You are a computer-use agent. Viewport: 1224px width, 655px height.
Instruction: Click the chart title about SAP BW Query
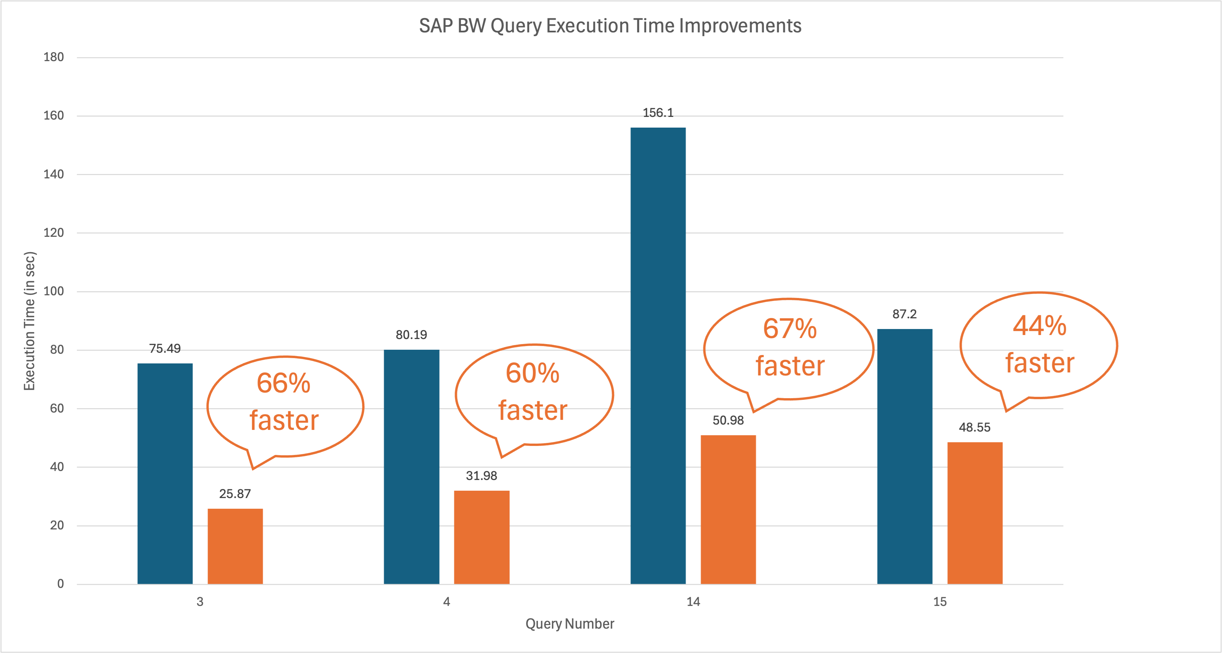610,26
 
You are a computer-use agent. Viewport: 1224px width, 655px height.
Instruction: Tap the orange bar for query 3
235,546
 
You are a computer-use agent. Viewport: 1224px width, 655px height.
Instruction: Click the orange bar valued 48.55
975,513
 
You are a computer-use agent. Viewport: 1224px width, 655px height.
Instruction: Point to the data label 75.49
165,349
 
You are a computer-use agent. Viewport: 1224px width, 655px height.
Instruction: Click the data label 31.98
481,475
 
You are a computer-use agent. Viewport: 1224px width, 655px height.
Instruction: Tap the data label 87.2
904,314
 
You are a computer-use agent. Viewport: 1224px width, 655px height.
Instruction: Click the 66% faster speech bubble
285,406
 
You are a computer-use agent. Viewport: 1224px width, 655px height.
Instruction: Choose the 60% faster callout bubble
534,394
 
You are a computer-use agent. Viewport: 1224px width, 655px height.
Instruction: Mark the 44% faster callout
1039,345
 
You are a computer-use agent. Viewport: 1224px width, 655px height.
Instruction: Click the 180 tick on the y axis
54,57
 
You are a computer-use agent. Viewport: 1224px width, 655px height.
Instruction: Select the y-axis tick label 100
54,291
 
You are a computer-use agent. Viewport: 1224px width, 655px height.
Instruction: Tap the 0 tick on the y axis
60,584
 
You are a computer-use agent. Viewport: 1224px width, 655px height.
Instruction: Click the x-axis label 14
693,602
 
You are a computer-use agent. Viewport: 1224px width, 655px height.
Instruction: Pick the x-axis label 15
940,602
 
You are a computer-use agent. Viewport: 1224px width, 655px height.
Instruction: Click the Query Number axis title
569,624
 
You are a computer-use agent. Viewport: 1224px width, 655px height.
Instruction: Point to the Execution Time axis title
29,321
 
